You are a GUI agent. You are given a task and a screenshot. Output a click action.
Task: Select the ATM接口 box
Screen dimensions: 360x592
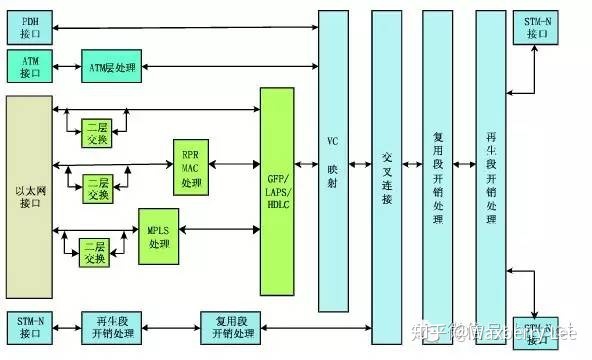point(29,67)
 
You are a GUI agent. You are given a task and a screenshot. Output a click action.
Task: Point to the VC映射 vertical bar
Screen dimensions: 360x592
point(333,160)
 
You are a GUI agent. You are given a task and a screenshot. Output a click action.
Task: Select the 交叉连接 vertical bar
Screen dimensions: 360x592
point(386,160)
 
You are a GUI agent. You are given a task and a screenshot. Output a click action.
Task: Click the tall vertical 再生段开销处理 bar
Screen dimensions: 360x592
point(490,160)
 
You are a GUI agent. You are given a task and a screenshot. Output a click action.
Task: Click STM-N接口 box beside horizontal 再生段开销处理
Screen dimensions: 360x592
point(29,325)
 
